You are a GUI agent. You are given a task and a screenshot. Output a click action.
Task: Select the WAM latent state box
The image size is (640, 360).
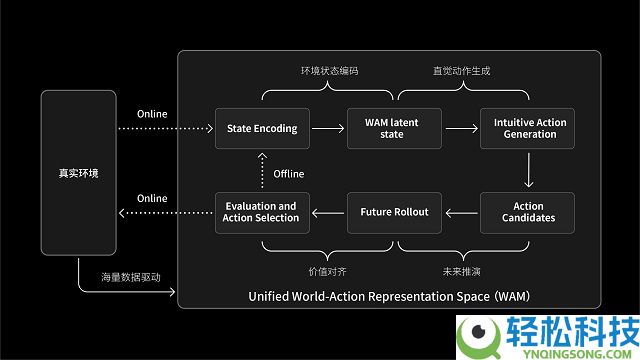(x=392, y=128)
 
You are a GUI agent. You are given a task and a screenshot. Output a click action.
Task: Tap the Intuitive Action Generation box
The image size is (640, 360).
(x=529, y=128)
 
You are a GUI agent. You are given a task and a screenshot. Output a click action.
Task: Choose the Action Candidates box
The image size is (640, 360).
(x=529, y=212)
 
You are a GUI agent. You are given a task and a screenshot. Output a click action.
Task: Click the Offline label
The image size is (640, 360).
(x=288, y=174)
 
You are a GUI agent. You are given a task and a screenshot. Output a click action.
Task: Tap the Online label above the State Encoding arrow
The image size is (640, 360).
(x=152, y=114)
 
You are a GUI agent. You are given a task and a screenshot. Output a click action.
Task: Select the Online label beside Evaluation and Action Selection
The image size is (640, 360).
(x=152, y=198)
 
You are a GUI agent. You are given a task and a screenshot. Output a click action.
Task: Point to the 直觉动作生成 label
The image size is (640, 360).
(x=461, y=72)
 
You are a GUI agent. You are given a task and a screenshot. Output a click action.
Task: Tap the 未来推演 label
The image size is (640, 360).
(x=461, y=270)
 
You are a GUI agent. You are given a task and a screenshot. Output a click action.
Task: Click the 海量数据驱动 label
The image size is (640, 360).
(x=130, y=277)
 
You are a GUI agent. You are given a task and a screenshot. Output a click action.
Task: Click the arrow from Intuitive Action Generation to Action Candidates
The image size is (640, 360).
(x=529, y=170)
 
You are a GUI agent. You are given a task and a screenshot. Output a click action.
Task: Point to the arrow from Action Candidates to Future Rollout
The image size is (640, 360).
(x=462, y=212)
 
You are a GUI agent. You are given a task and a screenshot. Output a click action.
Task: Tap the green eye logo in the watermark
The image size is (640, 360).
(x=478, y=335)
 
